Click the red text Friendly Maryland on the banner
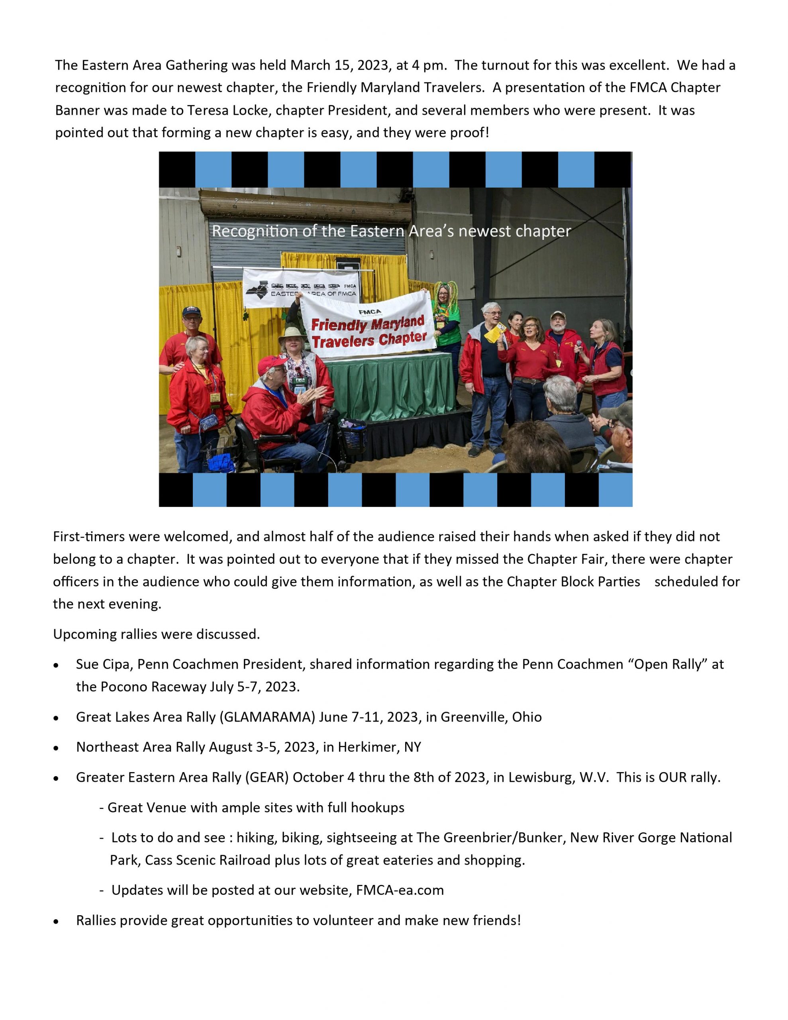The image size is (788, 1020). [x=368, y=324]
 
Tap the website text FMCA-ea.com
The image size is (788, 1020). [x=400, y=890]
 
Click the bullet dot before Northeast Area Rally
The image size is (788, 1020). [x=57, y=748]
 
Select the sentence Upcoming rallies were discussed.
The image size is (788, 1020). [x=157, y=634]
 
